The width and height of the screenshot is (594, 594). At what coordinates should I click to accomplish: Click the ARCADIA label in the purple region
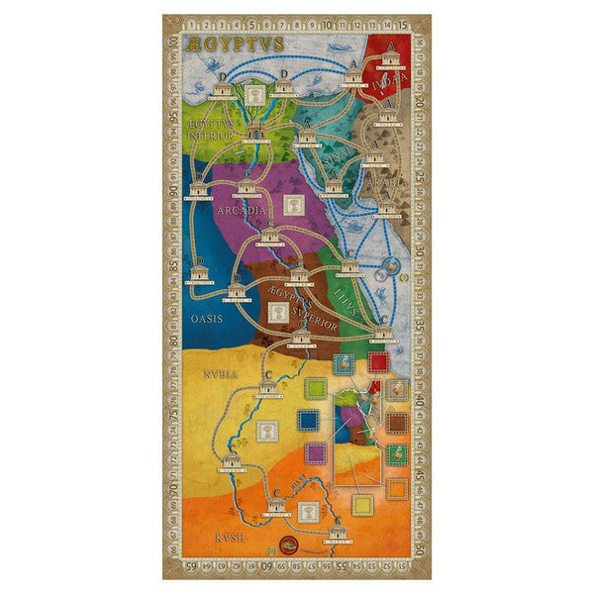(241, 210)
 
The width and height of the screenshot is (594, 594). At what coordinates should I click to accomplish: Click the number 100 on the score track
(174, 38)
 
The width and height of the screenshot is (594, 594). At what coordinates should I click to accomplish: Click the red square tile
(378, 363)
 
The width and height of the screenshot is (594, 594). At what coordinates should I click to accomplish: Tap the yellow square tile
(362, 506)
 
